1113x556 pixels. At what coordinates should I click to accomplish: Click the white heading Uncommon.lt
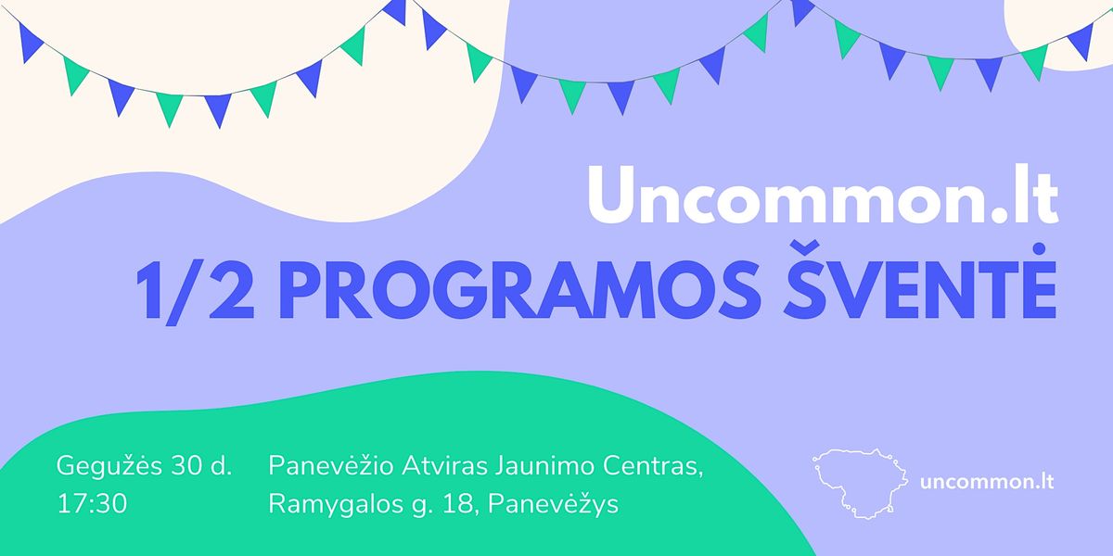click(824, 194)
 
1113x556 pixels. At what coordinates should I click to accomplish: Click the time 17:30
click(93, 503)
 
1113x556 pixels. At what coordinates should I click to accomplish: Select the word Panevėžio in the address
click(331, 465)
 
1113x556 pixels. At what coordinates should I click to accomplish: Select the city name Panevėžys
click(553, 504)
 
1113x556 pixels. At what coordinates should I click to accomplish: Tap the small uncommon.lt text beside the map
click(987, 482)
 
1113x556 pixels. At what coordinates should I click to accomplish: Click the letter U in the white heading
click(612, 194)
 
